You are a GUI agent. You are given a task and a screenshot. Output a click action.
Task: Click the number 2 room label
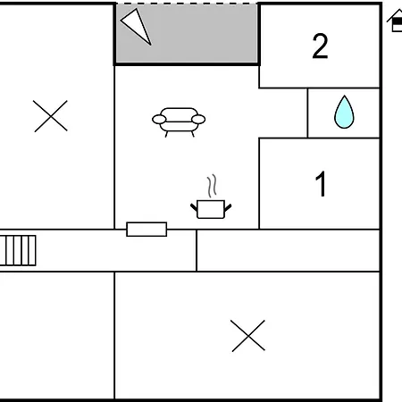pos(320,46)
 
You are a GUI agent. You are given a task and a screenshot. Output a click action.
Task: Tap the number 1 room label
pos(321,184)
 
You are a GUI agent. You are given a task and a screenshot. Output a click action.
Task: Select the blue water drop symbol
pos(344,112)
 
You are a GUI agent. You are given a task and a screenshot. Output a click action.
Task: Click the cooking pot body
pos(211,209)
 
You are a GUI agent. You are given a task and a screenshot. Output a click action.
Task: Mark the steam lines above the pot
pos(212,186)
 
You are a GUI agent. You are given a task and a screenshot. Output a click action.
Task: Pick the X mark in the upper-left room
pos(50,116)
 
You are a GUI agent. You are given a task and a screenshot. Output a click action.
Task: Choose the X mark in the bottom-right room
pos(248,336)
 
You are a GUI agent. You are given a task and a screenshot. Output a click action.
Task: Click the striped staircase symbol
pos(18,250)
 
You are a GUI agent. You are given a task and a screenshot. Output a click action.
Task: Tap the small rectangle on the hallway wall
pos(147,230)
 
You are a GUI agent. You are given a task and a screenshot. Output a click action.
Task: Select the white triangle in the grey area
pos(136,26)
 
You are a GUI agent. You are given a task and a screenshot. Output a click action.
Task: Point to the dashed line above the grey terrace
pos(187,4)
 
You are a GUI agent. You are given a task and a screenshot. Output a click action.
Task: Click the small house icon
pos(396,21)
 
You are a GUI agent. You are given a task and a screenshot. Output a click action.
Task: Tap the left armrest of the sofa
pos(159,120)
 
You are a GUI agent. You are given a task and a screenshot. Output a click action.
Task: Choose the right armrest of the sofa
pos(198,120)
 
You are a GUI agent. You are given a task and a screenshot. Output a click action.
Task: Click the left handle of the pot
pos(194,207)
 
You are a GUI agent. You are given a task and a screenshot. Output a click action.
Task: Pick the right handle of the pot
pos(228,207)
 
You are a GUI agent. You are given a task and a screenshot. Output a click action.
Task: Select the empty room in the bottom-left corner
pos(57,335)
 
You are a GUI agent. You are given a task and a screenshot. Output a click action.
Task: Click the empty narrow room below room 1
pos(289,250)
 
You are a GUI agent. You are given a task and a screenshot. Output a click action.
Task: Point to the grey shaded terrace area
pos(187,33)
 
